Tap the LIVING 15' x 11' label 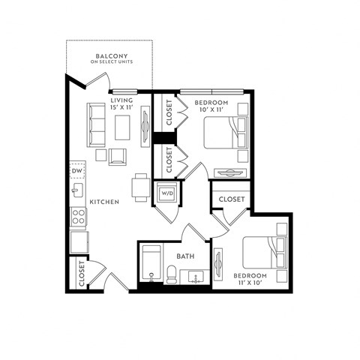pyautogui.click(x=121, y=103)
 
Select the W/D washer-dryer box pyautogui.click(x=165, y=193)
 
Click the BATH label pyautogui.click(x=185, y=256)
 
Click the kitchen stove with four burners pyautogui.click(x=78, y=217)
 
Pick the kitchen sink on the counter pyautogui.click(x=77, y=190)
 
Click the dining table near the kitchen pyautogui.click(x=140, y=187)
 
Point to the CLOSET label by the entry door pyautogui.click(x=81, y=274)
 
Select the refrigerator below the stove pyautogui.click(x=79, y=242)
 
